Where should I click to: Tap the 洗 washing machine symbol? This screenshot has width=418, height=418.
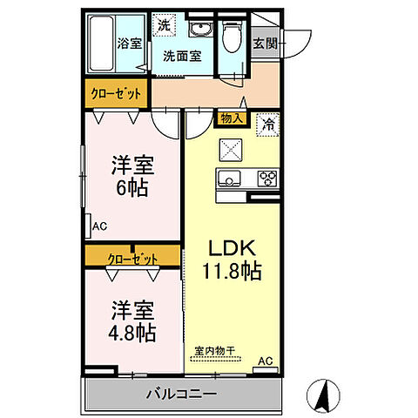(164, 26)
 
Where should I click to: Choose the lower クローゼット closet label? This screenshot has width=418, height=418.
(133, 257)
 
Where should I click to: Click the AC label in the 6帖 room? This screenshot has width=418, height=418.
(99, 227)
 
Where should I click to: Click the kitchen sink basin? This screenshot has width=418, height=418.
(232, 180)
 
